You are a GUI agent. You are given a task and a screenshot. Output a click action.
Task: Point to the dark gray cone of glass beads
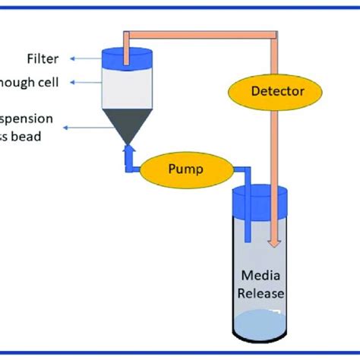point(129,122)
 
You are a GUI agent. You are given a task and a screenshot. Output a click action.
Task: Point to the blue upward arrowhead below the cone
point(130,151)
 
